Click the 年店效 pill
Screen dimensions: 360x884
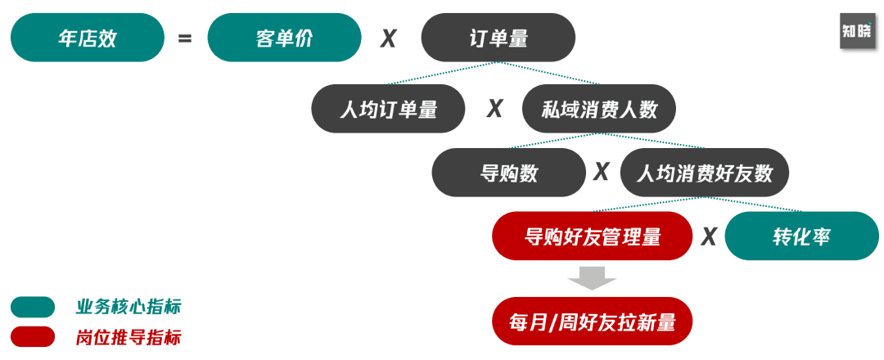pos(88,38)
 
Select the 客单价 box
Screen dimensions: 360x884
pos(284,38)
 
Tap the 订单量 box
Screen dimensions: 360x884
pos(498,38)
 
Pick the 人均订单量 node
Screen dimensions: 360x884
pos(388,109)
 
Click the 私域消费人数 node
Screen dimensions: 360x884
pos(599,109)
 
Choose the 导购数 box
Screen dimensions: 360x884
pos(509,173)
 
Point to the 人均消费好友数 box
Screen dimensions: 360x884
pos(704,173)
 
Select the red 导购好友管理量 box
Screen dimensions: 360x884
pos(593,236)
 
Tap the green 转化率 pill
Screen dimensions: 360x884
pos(802,236)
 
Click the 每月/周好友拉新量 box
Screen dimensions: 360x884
pos(593,321)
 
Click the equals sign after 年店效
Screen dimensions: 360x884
pos(185,38)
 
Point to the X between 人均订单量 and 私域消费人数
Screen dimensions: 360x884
pos(494,109)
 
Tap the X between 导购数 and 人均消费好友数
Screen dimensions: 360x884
pos(602,172)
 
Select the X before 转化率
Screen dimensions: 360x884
pos(709,236)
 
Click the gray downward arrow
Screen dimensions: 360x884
pos(592,277)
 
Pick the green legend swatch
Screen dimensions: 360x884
pos(33,307)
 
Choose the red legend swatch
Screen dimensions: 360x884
pos(33,336)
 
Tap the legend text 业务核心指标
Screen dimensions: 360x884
pos(129,307)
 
